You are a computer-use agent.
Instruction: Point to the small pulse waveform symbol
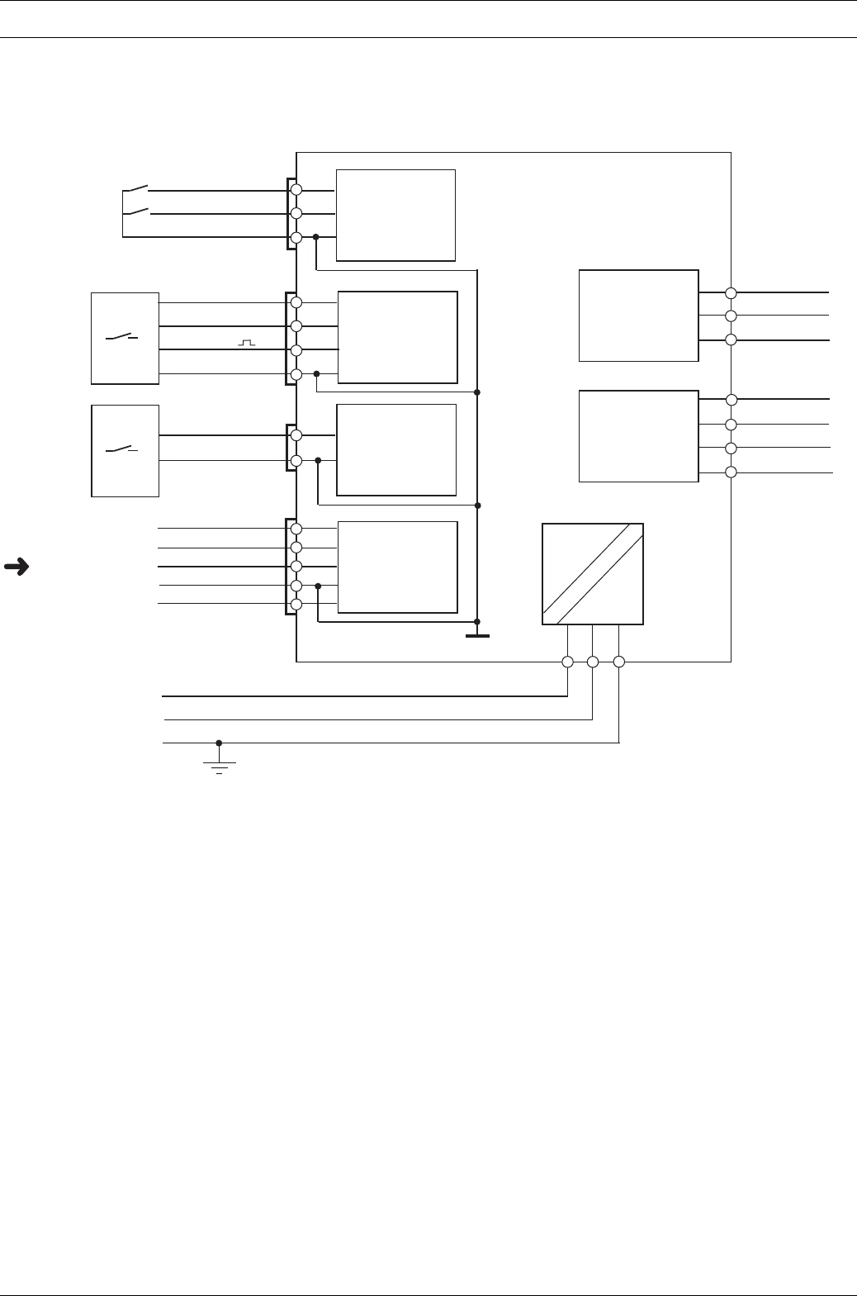click(246, 341)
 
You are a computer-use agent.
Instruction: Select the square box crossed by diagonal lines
click(592, 573)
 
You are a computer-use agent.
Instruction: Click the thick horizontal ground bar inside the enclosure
click(477, 636)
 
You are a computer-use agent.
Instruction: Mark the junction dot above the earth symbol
click(219, 743)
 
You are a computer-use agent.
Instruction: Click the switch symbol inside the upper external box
click(121, 338)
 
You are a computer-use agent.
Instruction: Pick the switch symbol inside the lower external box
click(121, 450)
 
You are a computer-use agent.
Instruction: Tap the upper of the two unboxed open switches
click(136, 189)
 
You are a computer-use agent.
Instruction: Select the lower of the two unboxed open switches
click(136, 212)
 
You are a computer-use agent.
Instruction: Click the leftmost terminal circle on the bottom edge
click(567, 662)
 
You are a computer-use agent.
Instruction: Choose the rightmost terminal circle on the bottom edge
click(619, 662)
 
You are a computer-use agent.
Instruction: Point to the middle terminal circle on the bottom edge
click(593, 662)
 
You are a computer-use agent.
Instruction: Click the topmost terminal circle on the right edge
click(731, 292)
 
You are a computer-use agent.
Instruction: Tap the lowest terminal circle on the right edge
click(731, 472)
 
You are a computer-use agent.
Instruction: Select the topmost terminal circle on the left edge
click(296, 190)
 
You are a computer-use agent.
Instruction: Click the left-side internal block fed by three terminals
click(395, 215)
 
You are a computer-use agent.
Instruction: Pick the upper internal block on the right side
click(638, 315)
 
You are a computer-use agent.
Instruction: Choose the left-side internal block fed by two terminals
click(396, 449)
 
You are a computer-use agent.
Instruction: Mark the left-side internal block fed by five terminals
click(397, 567)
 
